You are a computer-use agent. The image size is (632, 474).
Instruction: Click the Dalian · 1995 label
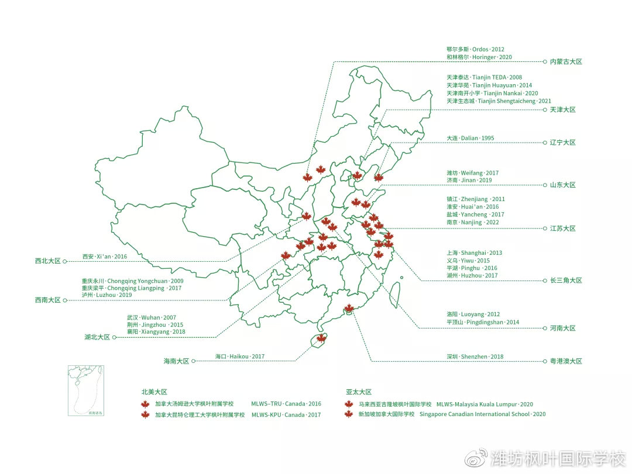point(470,139)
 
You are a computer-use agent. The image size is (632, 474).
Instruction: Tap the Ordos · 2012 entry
point(475,50)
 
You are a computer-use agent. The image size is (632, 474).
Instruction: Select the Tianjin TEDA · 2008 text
point(484,77)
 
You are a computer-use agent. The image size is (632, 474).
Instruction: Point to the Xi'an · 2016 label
point(104,257)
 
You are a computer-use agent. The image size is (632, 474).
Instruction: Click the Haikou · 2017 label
point(239,357)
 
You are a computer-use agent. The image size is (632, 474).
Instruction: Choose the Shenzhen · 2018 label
point(475,357)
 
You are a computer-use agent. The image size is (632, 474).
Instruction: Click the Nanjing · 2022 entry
point(473,223)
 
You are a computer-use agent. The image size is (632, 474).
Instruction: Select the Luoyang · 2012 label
point(473,314)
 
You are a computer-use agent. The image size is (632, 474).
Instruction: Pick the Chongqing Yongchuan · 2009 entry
point(132,281)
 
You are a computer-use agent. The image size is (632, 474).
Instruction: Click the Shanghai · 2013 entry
point(474,253)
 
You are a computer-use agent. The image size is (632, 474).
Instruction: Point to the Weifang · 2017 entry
point(472,173)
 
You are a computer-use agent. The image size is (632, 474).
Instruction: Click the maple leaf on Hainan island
point(321,338)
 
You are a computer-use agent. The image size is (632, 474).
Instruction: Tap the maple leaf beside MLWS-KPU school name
point(145,415)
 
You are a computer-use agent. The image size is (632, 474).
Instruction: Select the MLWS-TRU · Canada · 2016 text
point(286,404)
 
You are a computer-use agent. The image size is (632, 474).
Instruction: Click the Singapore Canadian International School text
point(482,414)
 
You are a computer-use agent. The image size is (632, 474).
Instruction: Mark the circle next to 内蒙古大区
point(544,61)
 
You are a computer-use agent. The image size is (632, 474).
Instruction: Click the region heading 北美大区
point(154,392)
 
